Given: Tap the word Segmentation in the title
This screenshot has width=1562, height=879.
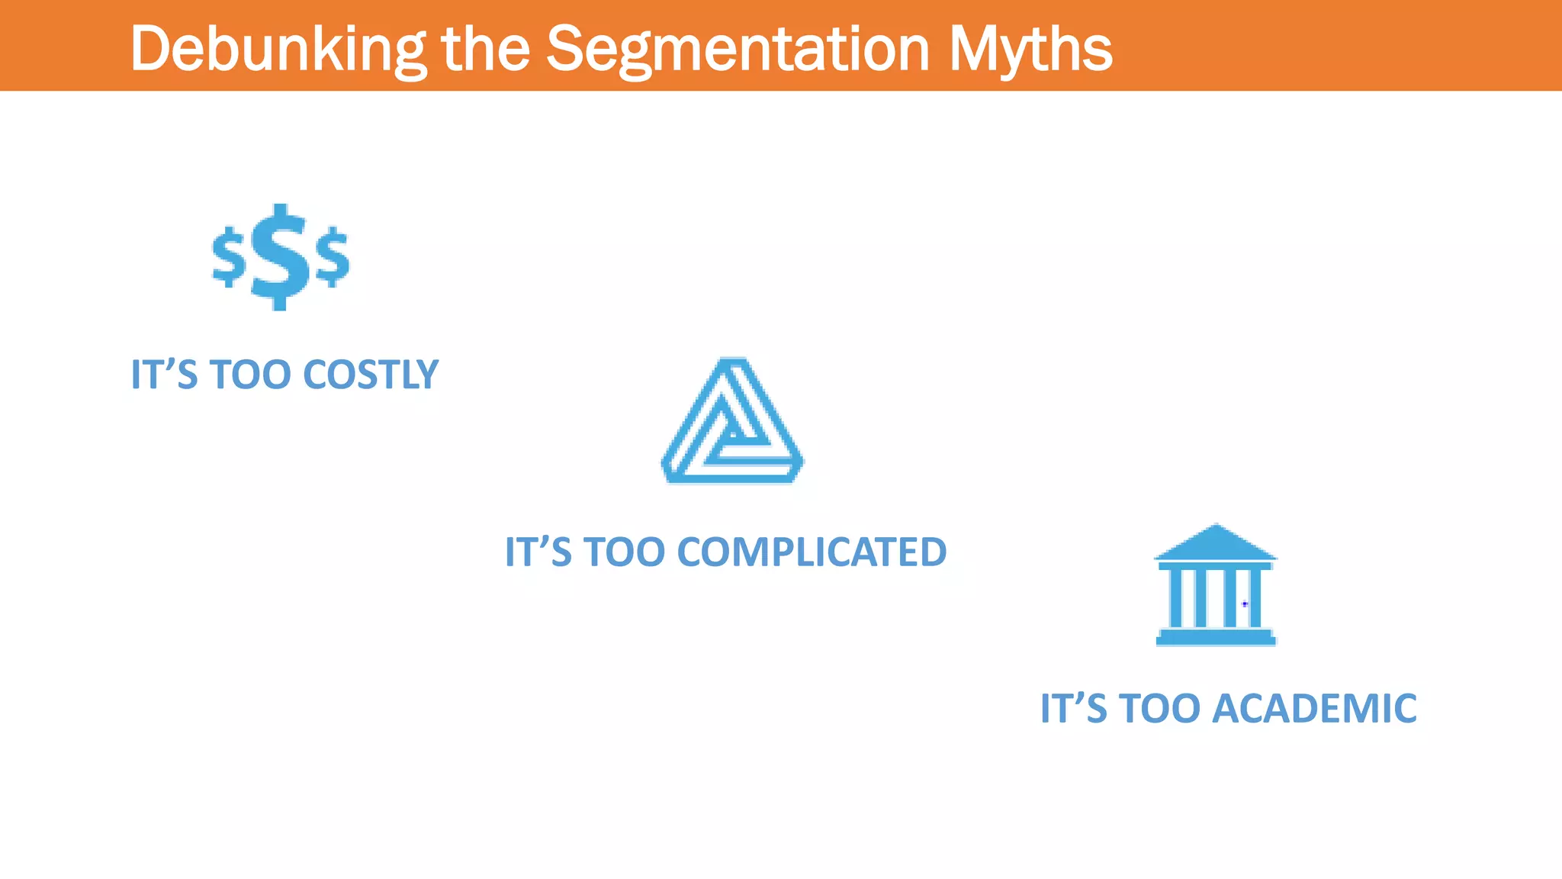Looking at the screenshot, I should [738, 50].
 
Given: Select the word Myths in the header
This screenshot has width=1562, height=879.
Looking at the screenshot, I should [1030, 50].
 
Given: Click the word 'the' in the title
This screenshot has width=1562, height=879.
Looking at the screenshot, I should [486, 48].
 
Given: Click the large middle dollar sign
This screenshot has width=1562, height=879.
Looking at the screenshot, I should [280, 257].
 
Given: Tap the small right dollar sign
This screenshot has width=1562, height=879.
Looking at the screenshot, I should [333, 256].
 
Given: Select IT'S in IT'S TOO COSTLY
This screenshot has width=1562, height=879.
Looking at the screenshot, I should [164, 375].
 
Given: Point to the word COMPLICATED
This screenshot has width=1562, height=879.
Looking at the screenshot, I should [812, 552].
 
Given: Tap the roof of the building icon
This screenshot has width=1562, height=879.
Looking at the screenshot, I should [1216, 543].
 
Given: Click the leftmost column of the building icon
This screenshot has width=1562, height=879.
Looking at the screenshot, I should [1175, 598].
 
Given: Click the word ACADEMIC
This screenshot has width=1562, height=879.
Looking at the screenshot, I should [1314, 708].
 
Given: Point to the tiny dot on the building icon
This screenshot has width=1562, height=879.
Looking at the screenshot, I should [1245, 604].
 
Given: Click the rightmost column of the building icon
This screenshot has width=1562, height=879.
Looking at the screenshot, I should [1255, 598].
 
